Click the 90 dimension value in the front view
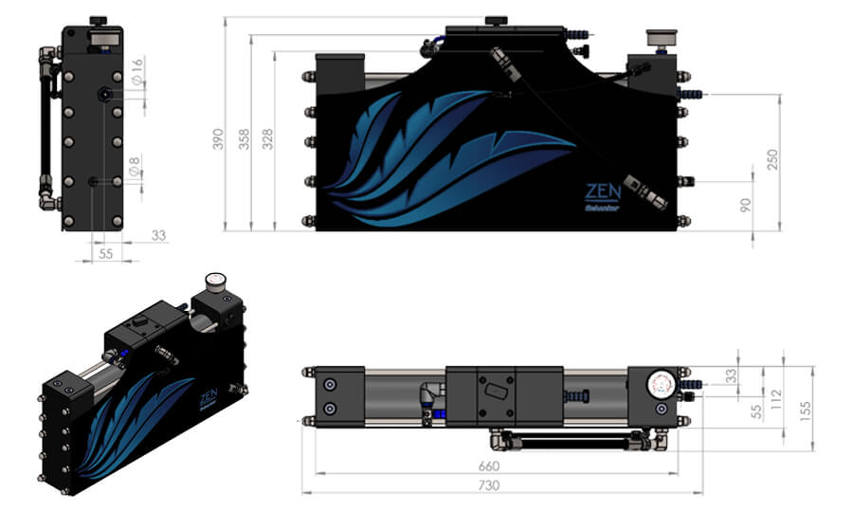pyautogui.click(x=746, y=204)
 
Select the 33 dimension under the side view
pyautogui.click(x=158, y=235)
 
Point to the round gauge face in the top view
pyautogui.click(x=661, y=386)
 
